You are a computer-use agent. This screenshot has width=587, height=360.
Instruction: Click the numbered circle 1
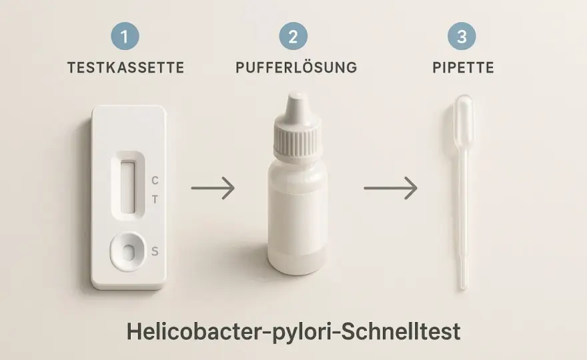coord(125,36)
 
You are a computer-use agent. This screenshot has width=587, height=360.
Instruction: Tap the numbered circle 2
coord(293,36)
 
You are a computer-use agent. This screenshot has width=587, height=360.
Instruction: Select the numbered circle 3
coord(462,36)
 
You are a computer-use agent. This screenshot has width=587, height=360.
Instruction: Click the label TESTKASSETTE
coord(126,68)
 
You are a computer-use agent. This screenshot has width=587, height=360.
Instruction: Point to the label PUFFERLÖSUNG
coord(296,67)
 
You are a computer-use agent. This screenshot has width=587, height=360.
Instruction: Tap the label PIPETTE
coord(464,68)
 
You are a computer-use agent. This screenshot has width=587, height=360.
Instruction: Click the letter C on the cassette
coord(155,181)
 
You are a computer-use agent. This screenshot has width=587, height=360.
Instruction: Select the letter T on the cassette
coord(155,200)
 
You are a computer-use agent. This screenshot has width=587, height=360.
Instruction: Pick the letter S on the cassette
coord(155,251)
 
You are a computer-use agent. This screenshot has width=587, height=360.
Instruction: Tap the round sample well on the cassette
coord(128,251)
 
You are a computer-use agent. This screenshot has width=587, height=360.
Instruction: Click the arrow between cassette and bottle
coord(213,188)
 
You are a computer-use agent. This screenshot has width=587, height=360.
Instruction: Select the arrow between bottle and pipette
coord(390,188)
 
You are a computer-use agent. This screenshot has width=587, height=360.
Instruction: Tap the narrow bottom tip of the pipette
coord(464,286)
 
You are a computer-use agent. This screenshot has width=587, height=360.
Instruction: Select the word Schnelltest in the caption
coord(401,331)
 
